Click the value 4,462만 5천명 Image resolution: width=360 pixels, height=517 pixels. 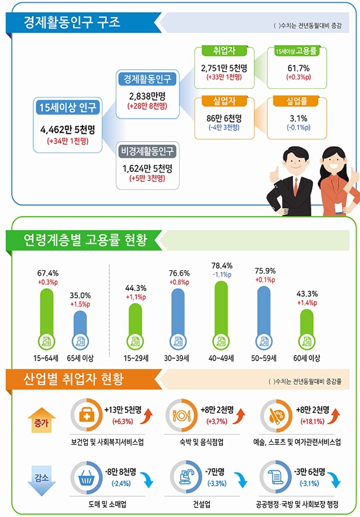pos(68,129)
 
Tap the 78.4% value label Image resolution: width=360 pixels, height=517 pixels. pos(221,266)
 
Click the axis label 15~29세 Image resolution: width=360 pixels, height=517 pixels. pos(136,358)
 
